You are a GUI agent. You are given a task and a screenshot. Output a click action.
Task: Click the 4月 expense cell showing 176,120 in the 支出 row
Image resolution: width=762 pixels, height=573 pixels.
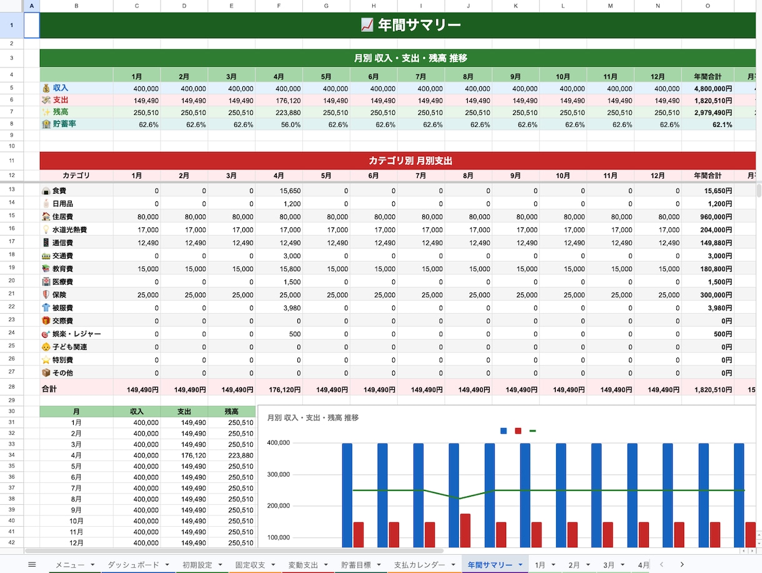tap(279, 101)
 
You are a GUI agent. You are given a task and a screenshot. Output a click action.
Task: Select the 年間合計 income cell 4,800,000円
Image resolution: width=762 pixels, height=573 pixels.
tap(708, 89)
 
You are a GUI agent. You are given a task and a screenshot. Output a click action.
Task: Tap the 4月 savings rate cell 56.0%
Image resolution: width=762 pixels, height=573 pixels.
tap(279, 125)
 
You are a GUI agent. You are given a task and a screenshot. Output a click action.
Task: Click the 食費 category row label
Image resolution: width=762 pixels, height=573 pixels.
tap(59, 191)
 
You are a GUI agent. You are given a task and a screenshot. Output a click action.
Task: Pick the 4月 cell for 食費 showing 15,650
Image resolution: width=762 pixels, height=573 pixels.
tap(279, 191)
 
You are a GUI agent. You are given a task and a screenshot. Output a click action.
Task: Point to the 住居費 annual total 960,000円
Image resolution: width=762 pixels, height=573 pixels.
tap(708, 217)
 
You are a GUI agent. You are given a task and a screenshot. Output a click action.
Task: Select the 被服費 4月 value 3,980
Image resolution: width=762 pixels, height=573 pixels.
tap(279, 307)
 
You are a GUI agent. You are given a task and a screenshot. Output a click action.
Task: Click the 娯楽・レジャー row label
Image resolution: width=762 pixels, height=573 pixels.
tap(76, 334)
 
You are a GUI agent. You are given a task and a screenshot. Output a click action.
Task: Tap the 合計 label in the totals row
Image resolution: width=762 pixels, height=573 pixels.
tap(49, 389)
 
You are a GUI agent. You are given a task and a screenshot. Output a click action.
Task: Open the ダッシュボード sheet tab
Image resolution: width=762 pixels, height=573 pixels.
tap(133, 565)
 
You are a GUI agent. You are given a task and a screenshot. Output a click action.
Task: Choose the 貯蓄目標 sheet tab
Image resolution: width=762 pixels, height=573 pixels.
tap(356, 565)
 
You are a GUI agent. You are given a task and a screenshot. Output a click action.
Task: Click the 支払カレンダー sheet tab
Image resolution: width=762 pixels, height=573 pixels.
tap(419, 565)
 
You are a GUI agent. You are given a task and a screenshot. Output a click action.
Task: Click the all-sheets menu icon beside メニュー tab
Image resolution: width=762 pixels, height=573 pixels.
tap(32, 565)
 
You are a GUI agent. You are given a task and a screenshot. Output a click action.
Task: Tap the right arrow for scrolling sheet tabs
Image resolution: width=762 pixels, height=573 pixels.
tap(682, 564)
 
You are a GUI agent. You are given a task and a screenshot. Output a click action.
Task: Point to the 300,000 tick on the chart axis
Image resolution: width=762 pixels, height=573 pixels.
tap(279, 474)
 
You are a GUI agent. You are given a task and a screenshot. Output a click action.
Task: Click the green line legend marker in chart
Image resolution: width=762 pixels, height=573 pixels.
tap(533, 431)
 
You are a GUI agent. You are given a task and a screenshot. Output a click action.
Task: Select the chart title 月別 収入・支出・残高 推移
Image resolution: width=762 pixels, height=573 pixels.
tap(313, 417)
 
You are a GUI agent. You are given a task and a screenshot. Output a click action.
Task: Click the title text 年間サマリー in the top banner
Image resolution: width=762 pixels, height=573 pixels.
tap(419, 25)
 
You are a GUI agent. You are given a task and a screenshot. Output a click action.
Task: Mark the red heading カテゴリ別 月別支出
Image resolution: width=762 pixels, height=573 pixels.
tap(410, 161)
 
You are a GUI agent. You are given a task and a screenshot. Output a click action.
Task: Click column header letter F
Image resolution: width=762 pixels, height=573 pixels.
tap(279, 6)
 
